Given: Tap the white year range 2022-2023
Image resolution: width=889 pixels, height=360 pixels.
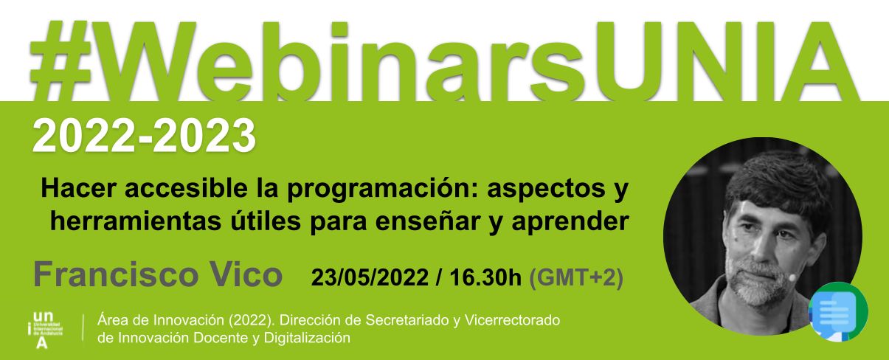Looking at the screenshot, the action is click(144, 136).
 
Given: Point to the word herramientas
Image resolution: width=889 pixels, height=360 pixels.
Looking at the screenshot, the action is click(136, 221).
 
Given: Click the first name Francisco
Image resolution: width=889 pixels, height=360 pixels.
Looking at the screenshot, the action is click(116, 274).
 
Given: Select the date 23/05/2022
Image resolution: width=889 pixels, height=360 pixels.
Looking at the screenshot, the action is click(370, 277).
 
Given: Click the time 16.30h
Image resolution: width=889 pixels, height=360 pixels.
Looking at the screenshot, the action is click(485, 277).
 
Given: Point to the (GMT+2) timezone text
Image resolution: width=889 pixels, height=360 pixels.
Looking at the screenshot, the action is click(576, 277).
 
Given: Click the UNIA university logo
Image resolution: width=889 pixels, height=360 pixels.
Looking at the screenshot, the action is click(45, 330).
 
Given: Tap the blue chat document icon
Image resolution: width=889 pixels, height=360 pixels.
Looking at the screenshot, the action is click(838, 311).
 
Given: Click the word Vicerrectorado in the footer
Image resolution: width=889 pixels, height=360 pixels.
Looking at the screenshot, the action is click(512, 320).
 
